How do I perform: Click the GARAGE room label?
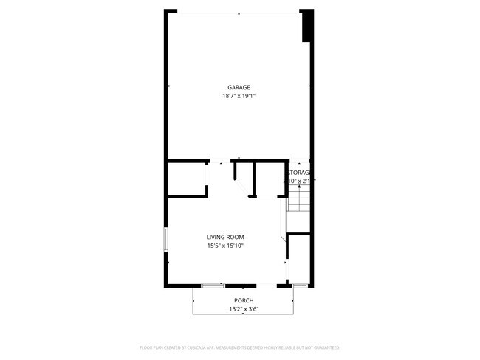coord(239,87)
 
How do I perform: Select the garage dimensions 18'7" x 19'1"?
coord(239,96)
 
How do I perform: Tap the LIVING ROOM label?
coord(225,237)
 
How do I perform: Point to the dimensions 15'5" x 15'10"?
coord(225,246)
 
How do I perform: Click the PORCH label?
coord(244,300)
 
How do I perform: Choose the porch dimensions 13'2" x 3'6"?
coord(244,309)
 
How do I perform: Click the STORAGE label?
coord(298,172)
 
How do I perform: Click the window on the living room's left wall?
coord(165,239)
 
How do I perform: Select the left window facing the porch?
coord(213,285)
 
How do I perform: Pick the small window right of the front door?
coord(299,285)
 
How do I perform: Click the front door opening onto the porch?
coord(266,285)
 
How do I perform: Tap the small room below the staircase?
coord(298,258)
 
